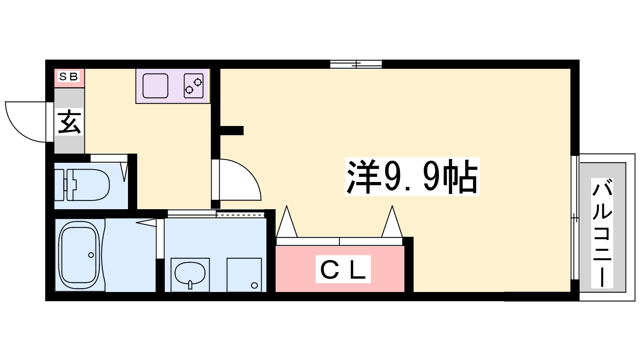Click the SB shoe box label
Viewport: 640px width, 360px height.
click(x=68, y=76)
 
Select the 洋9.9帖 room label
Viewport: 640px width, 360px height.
click(x=412, y=176)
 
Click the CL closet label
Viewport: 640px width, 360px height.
click(x=343, y=269)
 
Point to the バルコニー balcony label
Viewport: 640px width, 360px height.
click(x=602, y=232)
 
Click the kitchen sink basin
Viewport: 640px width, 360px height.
click(x=155, y=86)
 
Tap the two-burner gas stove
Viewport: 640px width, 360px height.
click(x=194, y=86)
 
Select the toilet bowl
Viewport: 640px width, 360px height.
click(x=82, y=185)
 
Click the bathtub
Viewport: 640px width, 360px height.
click(x=79, y=255)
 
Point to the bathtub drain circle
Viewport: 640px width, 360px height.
click(x=91, y=255)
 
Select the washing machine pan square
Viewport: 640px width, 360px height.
click(x=244, y=275)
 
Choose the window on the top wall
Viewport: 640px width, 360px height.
click(x=356, y=64)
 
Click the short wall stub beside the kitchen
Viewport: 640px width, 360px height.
click(x=232, y=130)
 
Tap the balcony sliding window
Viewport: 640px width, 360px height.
click(x=575, y=217)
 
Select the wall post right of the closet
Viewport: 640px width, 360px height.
click(x=408, y=264)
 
